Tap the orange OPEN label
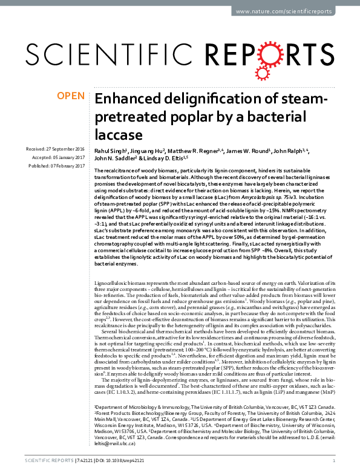pyautogui.click(x=70, y=95)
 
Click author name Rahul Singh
pyautogui.click(x=111, y=149)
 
